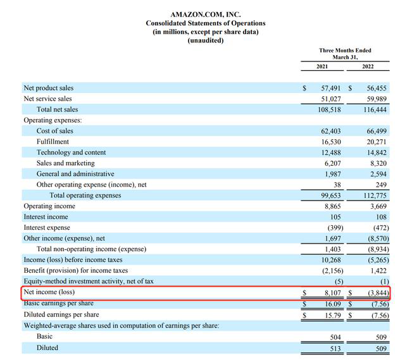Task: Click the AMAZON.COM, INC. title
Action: (206, 14)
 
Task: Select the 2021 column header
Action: (323, 66)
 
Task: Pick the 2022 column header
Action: (368, 66)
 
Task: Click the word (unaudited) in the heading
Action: (206, 40)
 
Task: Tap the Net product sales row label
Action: (48, 88)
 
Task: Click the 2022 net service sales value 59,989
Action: (373, 99)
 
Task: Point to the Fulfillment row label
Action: (53, 142)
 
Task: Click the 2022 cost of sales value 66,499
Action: (373, 131)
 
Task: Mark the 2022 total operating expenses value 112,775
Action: (371, 196)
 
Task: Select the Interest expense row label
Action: (47, 228)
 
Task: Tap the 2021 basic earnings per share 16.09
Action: (331, 304)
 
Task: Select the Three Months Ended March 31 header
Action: (345, 54)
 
